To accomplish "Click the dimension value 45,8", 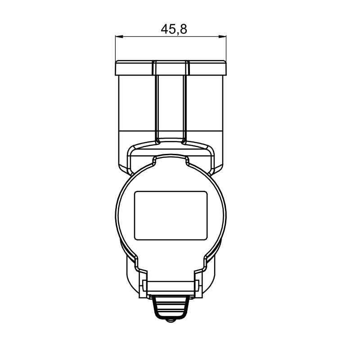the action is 174,30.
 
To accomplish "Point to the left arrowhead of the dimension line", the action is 119,36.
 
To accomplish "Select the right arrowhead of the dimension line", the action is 222,36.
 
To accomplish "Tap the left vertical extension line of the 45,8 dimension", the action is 115,48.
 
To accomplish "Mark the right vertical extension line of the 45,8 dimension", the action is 226,48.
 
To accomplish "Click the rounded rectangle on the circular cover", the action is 171,216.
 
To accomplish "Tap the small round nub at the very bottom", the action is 171,320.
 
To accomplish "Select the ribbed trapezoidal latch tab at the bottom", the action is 171,307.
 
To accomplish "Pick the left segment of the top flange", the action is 134,68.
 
